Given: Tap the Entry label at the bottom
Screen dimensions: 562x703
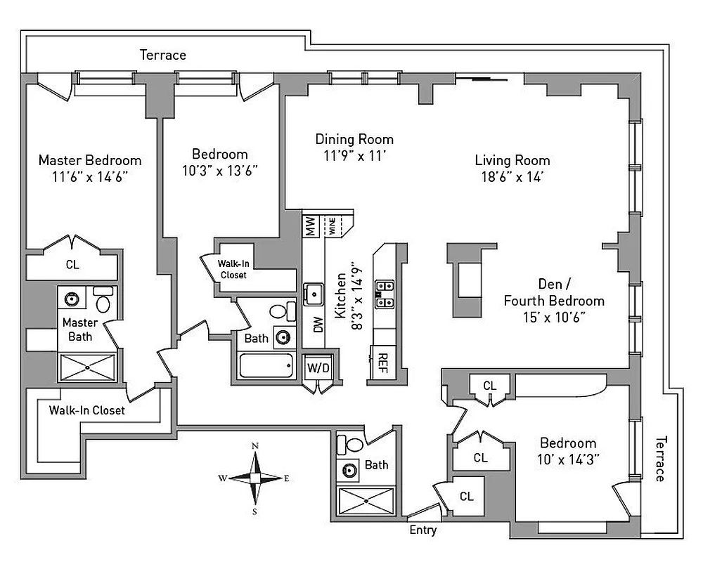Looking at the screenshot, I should [x=423, y=530].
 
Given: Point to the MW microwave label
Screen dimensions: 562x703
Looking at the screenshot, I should [x=310, y=226].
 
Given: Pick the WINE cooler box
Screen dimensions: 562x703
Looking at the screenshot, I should [x=330, y=226].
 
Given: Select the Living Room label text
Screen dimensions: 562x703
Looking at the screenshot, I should [x=512, y=160].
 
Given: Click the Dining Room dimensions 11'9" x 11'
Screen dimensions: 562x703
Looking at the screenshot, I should [x=354, y=155].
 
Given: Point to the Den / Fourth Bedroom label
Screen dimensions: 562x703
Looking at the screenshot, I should [x=554, y=293].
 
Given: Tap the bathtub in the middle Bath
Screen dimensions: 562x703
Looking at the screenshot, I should [x=266, y=365].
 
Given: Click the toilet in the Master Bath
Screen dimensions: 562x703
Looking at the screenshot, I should [x=103, y=301].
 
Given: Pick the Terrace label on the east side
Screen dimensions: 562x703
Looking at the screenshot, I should [x=659, y=458].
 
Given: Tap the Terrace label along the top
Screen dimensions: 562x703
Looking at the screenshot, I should [x=162, y=55].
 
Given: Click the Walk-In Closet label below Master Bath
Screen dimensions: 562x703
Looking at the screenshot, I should [x=86, y=410].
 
